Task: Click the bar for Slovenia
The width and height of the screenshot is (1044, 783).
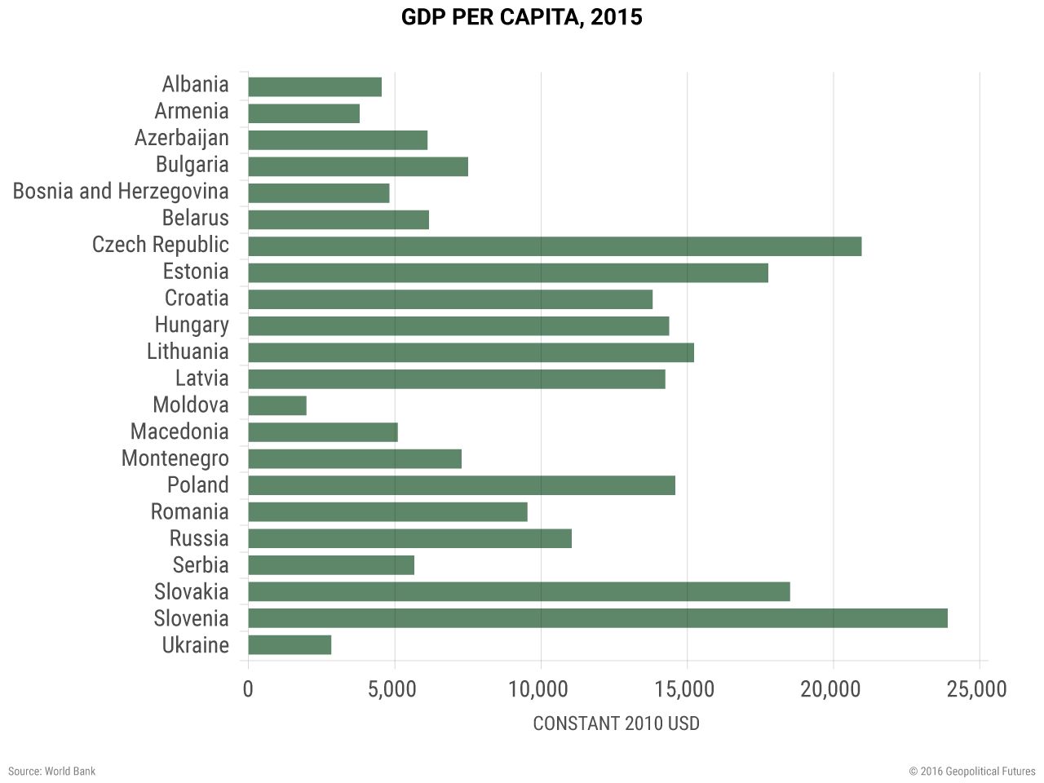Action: click(x=597, y=618)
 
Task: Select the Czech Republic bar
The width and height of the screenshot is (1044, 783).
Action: click(x=555, y=246)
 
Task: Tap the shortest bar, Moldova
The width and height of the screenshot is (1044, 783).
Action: click(x=277, y=405)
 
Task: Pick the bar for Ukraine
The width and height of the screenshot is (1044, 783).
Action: click(x=290, y=645)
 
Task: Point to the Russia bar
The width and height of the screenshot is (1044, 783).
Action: click(x=409, y=538)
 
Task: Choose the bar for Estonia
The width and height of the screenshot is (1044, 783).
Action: click(x=507, y=272)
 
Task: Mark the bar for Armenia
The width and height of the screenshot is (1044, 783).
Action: click(x=303, y=113)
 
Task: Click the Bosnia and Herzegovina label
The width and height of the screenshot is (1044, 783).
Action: click(x=121, y=192)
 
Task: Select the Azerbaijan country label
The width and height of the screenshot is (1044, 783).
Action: click(x=182, y=139)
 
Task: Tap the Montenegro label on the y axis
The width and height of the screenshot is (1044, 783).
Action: click(x=175, y=458)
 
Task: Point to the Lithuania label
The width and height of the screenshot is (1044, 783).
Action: click(x=188, y=352)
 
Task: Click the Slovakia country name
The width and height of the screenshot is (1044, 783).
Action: click(x=192, y=592)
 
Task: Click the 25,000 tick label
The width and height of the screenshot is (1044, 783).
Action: click(x=976, y=689)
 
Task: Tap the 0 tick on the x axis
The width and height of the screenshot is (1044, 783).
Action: click(x=248, y=689)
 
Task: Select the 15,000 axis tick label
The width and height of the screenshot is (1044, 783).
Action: click(x=684, y=689)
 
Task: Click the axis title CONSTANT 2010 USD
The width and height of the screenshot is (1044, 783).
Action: click(x=616, y=723)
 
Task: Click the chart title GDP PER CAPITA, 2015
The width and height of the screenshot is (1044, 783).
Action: click(x=521, y=17)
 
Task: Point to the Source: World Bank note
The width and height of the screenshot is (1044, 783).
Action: click(x=51, y=771)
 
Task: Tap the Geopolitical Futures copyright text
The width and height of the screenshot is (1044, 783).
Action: click(x=972, y=771)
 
